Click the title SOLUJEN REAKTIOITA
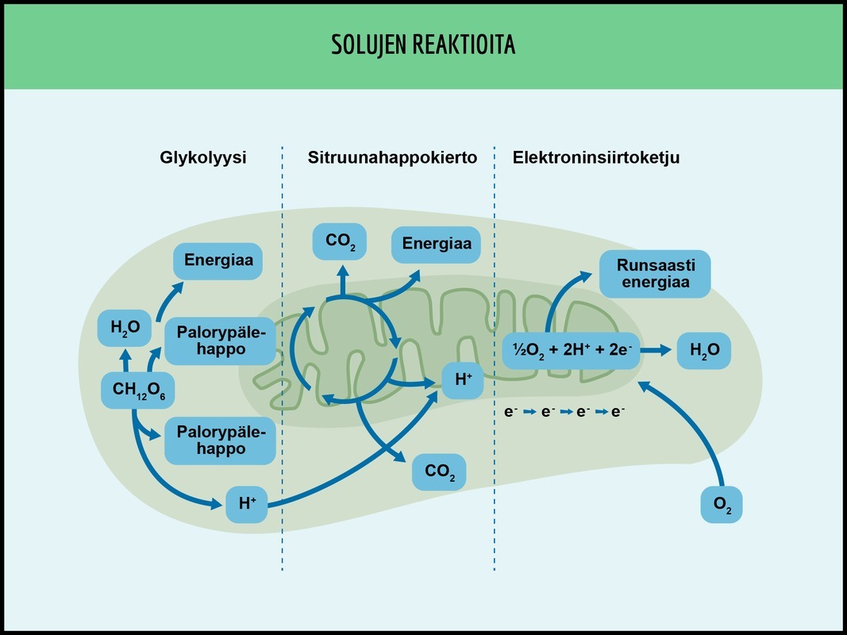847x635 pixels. (423, 45)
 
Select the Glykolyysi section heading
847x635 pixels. (203, 158)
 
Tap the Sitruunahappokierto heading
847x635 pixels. (392, 158)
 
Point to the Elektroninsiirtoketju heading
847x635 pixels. (595, 158)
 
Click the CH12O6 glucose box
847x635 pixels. (138, 390)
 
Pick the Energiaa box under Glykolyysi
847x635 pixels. (218, 260)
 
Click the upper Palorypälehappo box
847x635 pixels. (220, 341)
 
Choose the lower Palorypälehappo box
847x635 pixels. (220, 441)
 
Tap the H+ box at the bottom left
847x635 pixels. (246, 503)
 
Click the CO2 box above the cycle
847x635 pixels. (340, 242)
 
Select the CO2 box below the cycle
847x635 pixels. (439, 472)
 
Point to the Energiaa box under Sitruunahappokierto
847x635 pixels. (436, 244)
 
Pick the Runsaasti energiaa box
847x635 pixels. (653, 273)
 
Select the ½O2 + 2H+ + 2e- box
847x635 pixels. (571, 350)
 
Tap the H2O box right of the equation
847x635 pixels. (703, 350)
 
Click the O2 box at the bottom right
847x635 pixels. (721, 504)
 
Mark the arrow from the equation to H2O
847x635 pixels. (657, 350)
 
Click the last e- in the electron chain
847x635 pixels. (618, 412)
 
